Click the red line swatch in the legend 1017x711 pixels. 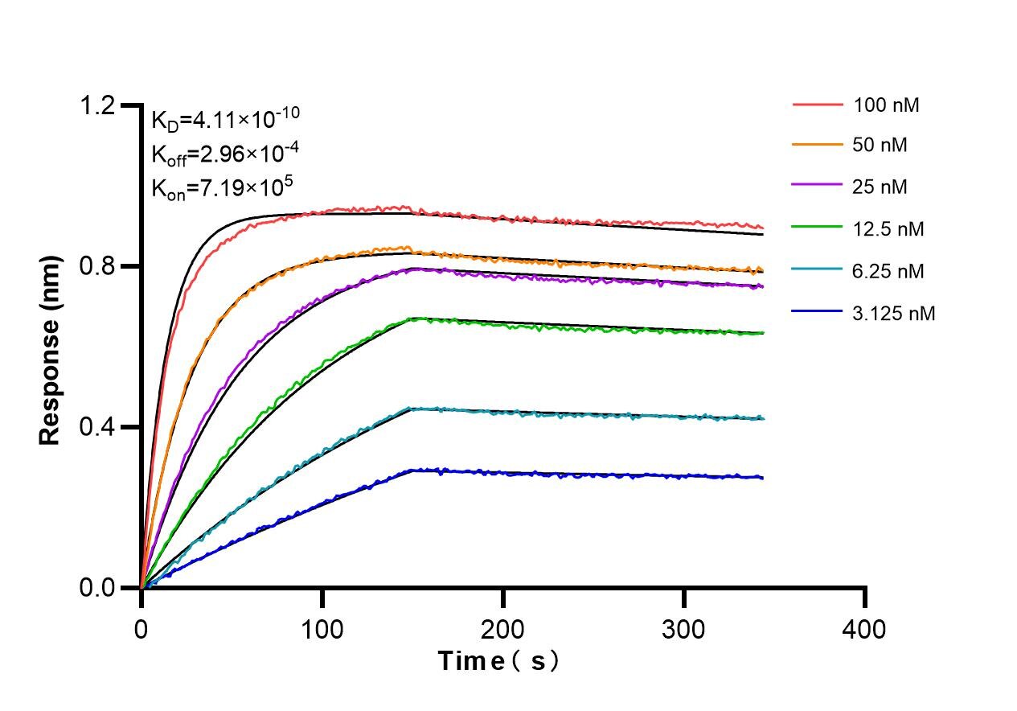point(818,105)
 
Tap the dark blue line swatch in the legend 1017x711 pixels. point(818,313)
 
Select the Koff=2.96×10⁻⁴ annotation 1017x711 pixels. point(220,154)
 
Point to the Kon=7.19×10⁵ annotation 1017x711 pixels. point(222,187)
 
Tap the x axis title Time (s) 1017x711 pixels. point(499,662)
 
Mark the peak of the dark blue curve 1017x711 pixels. point(413,469)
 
